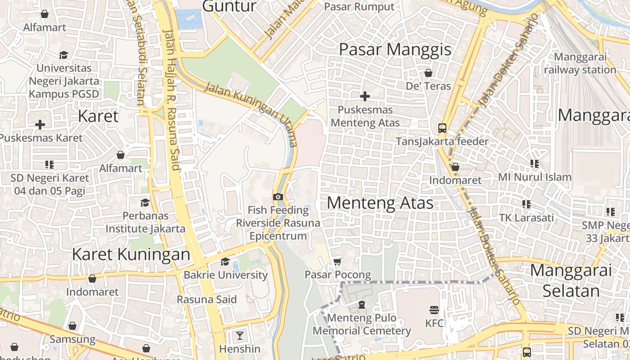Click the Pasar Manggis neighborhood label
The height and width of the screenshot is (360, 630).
395,49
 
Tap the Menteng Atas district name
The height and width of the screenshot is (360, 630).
380,203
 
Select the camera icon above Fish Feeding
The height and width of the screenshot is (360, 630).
278,197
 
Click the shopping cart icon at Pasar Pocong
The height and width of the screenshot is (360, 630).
337,261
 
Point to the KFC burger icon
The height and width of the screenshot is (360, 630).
434,310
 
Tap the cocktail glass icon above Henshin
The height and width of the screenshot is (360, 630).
239,335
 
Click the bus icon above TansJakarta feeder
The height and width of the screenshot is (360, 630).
442,128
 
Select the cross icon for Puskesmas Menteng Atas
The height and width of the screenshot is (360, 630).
365,96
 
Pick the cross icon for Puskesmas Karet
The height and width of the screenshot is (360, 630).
40,124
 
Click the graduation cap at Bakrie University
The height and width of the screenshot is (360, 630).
225,261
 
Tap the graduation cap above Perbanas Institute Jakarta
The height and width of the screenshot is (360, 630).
145,202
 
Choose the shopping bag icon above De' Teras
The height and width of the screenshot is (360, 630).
428,72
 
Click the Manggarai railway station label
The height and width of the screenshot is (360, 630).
580,63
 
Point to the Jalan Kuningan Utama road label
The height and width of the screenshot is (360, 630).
251,114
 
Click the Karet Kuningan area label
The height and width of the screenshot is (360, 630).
131,254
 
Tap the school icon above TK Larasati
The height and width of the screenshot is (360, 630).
526,204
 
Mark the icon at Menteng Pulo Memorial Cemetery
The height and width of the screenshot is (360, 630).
361,305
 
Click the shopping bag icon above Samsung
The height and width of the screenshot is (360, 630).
72,326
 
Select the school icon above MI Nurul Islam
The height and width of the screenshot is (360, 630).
534,164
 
